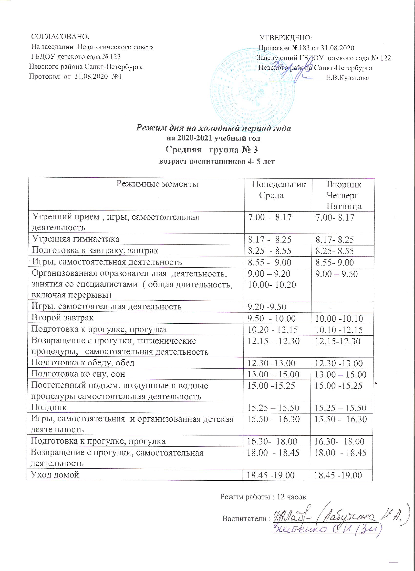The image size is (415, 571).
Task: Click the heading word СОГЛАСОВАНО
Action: click(x=60, y=37)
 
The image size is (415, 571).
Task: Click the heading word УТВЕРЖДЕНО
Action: click(x=286, y=38)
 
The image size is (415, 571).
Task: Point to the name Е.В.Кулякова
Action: click(x=347, y=78)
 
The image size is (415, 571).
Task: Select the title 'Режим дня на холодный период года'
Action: click(x=213, y=128)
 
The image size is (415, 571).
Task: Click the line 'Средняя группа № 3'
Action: click(x=212, y=150)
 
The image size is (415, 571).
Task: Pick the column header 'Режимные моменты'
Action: click(x=157, y=184)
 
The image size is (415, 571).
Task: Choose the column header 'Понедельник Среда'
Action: click(x=279, y=190)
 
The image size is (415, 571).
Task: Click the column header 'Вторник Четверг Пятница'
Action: click(x=344, y=195)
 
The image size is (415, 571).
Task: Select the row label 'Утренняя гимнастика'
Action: click(x=75, y=239)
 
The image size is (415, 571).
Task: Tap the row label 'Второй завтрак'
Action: click(x=62, y=318)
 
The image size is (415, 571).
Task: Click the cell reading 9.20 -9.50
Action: click(x=267, y=307)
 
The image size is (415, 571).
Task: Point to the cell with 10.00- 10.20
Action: click(x=272, y=285)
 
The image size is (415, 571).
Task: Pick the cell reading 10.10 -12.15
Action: click(x=339, y=330)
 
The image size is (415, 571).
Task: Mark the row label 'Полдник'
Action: click(x=49, y=407)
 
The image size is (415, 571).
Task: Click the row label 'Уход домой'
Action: click(x=55, y=475)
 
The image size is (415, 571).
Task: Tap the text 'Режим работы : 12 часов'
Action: click(x=263, y=497)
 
